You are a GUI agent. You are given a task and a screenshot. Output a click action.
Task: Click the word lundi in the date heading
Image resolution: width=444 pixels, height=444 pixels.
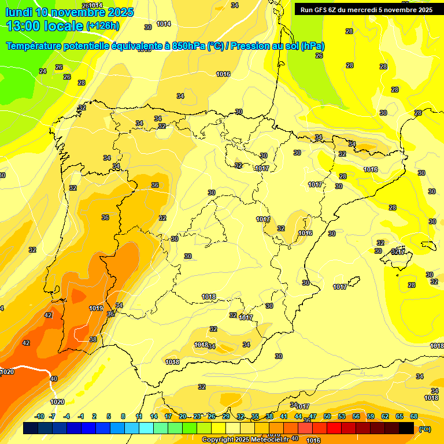(x=19, y=12)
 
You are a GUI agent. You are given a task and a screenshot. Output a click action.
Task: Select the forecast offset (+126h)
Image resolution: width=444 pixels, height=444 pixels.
(x=102, y=26)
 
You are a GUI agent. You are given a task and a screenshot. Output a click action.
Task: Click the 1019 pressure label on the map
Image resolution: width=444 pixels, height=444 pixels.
(x=96, y=308)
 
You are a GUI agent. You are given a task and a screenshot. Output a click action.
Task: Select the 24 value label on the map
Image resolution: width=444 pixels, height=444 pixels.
(x=43, y=71)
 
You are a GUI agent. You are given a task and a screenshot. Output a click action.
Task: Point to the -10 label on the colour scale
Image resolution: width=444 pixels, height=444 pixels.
(x=39, y=416)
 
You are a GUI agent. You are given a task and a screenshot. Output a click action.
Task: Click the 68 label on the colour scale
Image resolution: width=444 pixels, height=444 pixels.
(x=414, y=416)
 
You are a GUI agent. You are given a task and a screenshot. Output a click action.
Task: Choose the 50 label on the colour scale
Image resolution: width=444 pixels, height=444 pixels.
(x=327, y=416)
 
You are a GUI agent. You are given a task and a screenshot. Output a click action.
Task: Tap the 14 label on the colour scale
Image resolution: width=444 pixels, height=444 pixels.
(x=154, y=416)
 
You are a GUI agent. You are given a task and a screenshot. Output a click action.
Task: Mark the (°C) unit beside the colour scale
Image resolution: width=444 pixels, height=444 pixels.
(x=424, y=429)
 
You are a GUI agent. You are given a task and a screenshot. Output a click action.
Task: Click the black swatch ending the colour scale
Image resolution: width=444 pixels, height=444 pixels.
(x=407, y=428)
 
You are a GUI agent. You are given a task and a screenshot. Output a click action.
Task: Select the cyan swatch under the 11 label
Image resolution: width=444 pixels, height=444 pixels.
(x=146, y=428)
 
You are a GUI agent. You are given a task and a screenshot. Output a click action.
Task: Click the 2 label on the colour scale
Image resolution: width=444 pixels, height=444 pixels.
(x=95, y=416)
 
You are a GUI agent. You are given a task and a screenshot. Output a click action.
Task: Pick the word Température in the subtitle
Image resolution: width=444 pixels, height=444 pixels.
(x=34, y=46)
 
